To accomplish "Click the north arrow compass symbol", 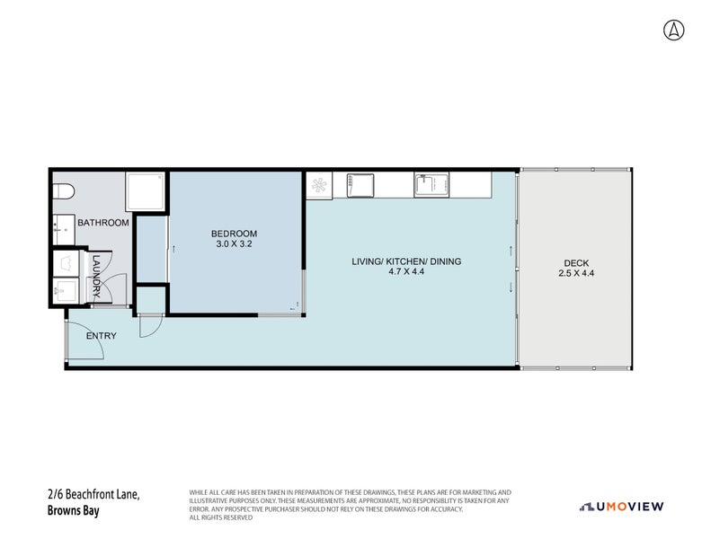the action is [x=674, y=31].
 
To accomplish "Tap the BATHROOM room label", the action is [x=103, y=223].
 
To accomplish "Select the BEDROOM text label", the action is [x=234, y=234].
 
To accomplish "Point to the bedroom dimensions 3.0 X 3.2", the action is [x=234, y=243].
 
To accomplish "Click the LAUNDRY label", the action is [x=96, y=276].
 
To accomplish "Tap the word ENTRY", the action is [x=101, y=336].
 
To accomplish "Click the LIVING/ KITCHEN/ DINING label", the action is [x=406, y=261].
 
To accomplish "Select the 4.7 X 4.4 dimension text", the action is [x=406, y=271].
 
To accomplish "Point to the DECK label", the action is [x=576, y=263].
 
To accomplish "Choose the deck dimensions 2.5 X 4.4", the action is [x=576, y=273].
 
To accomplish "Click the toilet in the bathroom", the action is [x=63, y=191].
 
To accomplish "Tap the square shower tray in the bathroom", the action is [x=145, y=191].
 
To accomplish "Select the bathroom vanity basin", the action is [x=64, y=230].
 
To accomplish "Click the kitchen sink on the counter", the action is [x=431, y=185].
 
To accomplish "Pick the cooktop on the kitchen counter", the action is [x=360, y=185].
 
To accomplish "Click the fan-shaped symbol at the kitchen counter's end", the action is [x=319, y=185].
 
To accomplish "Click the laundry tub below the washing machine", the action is [x=67, y=290].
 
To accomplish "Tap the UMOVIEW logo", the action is [x=622, y=507].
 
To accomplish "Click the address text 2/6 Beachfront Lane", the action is [x=93, y=494].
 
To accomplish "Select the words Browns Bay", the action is [x=73, y=511].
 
